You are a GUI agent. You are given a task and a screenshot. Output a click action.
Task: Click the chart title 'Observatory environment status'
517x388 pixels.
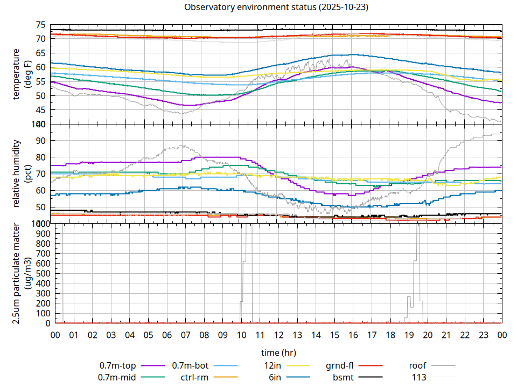[276, 8]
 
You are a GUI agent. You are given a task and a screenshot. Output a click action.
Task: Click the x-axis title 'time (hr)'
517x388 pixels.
[278, 353]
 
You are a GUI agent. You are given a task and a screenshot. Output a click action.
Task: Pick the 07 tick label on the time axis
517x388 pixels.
[185, 335]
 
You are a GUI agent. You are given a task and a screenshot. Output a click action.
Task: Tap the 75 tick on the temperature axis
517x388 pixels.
[40, 25]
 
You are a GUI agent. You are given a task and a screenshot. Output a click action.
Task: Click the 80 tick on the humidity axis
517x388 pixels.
[40, 157]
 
